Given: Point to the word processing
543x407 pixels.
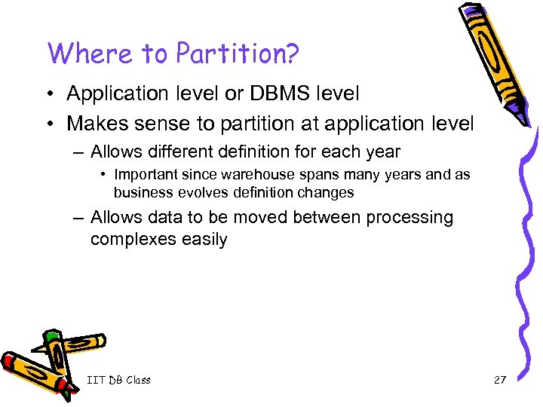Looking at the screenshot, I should pos(410,218).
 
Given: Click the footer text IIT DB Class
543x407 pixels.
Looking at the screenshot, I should pos(118,380).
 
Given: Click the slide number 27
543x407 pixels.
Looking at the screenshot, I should pos(499,380).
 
